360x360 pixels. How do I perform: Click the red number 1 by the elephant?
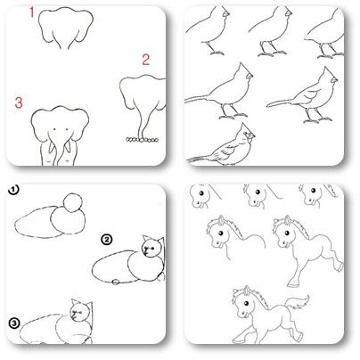(32, 12)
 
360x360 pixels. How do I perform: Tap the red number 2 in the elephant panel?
(145, 60)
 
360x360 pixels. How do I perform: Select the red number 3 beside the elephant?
(19, 102)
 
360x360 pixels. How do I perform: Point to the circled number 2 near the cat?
(107, 239)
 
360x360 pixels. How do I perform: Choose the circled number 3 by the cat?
(14, 323)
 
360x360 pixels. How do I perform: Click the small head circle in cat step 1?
(73, 202)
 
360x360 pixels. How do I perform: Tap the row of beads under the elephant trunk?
(143, 139)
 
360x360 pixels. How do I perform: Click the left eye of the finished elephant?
(54, 129)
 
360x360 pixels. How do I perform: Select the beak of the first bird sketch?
(227, 13)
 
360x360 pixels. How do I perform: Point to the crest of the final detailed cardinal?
(245, 129)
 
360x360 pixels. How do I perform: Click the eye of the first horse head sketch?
(201, 193)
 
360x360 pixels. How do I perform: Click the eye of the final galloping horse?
(246, 304)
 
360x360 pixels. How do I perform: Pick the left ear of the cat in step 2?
(146, 239)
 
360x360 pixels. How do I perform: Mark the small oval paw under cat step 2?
(115, 282)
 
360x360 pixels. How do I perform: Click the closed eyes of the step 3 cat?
(77, 312)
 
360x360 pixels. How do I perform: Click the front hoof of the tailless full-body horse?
(293, 282)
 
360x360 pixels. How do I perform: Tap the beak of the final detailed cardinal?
(251, 136)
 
